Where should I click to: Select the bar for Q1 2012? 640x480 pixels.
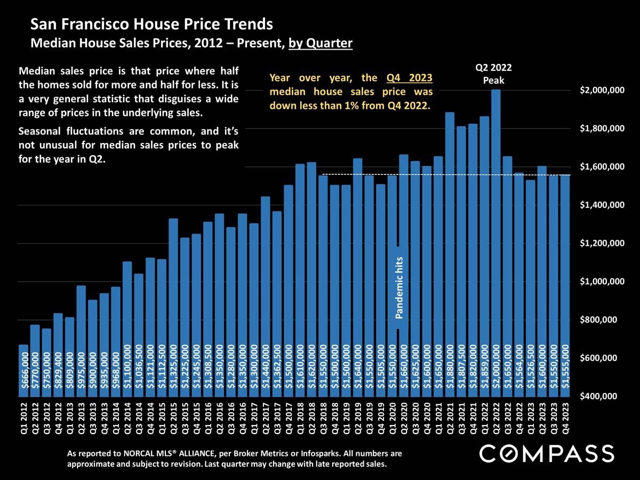23,368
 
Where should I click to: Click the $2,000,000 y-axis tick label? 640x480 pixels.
602,91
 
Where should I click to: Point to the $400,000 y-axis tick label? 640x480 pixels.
602,396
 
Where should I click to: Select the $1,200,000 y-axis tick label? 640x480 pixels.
602,244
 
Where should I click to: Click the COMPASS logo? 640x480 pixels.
547,454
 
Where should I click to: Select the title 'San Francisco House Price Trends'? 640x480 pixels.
151,25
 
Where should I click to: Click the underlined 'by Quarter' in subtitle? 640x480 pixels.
321,43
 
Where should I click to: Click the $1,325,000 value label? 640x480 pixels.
173,368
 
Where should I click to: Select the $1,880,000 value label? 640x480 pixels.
450,368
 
